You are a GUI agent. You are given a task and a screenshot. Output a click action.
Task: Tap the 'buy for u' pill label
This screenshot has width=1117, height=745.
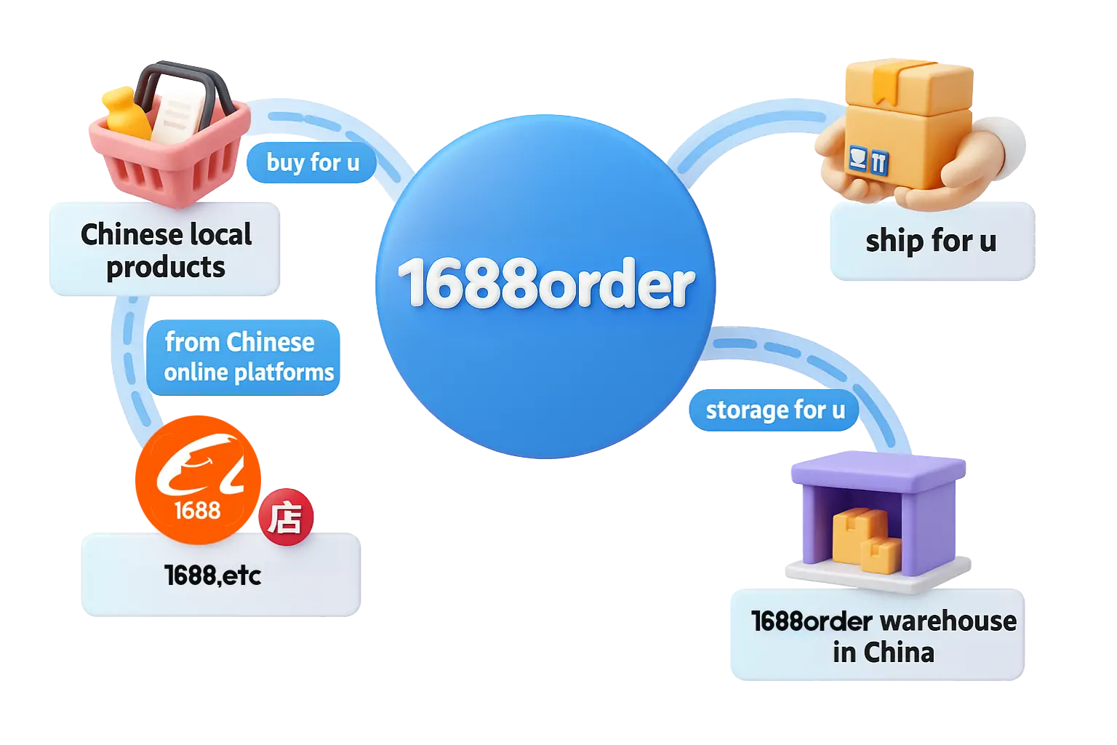point(313,162)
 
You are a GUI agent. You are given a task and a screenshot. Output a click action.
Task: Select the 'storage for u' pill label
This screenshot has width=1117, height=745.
point(775,410)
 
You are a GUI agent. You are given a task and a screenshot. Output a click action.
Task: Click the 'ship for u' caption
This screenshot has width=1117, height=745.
point(930,242)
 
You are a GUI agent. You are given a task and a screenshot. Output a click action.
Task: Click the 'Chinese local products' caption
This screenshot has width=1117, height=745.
point(166,250)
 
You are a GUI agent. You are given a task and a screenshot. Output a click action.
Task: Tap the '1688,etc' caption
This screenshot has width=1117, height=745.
point(212,575)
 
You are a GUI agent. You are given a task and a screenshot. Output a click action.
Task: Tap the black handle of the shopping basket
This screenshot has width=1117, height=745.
point(182,80)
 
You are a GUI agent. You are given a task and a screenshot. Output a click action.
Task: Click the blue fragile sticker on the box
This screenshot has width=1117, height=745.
point(868,159)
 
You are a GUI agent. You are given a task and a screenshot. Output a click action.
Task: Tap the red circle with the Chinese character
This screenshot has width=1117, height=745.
point(286,518)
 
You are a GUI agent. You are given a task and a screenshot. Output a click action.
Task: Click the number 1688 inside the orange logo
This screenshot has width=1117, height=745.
point(197,510)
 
